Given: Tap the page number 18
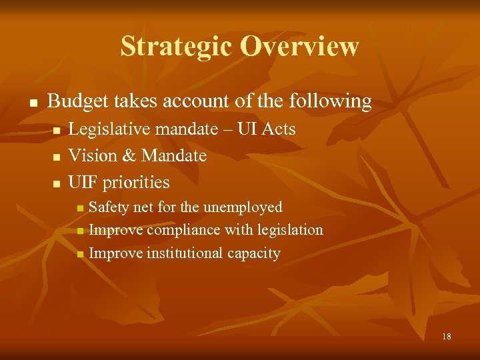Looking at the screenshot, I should click(446, 337).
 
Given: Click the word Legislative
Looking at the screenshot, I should click(108, 129).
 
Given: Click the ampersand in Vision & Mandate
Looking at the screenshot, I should click(129, 155).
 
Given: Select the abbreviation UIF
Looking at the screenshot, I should click(83, 182).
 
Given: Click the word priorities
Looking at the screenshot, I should click(137, 182).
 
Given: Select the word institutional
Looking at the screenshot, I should click(177, 253).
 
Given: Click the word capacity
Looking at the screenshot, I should click(253, 253).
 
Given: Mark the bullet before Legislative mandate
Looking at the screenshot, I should click(57, 130).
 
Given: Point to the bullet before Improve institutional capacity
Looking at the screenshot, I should click(80, 254).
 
